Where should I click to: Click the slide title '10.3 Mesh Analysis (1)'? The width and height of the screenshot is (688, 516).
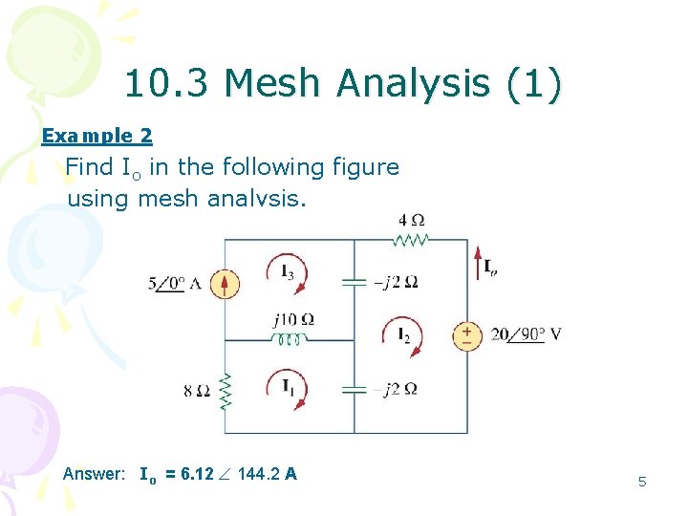pos(343,85)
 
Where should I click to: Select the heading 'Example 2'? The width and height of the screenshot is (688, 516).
pos(97,136)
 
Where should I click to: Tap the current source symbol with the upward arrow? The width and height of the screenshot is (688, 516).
pos(225,284)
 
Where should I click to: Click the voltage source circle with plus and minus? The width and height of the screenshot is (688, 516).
pos(467,335)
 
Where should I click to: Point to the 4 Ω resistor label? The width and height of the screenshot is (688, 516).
pos(411,221)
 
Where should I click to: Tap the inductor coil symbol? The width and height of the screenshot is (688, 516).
pos(290,339)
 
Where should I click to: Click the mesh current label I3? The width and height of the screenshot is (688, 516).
pos(287,272)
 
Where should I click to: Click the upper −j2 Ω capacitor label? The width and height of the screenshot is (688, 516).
pos(395,283)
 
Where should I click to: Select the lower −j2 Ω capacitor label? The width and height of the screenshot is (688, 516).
pos(395,389)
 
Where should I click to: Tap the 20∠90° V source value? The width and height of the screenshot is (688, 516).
pos(526,335)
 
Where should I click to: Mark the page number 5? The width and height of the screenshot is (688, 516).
pos(642,482)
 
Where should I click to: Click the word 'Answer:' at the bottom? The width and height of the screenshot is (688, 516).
pos(94,474)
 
